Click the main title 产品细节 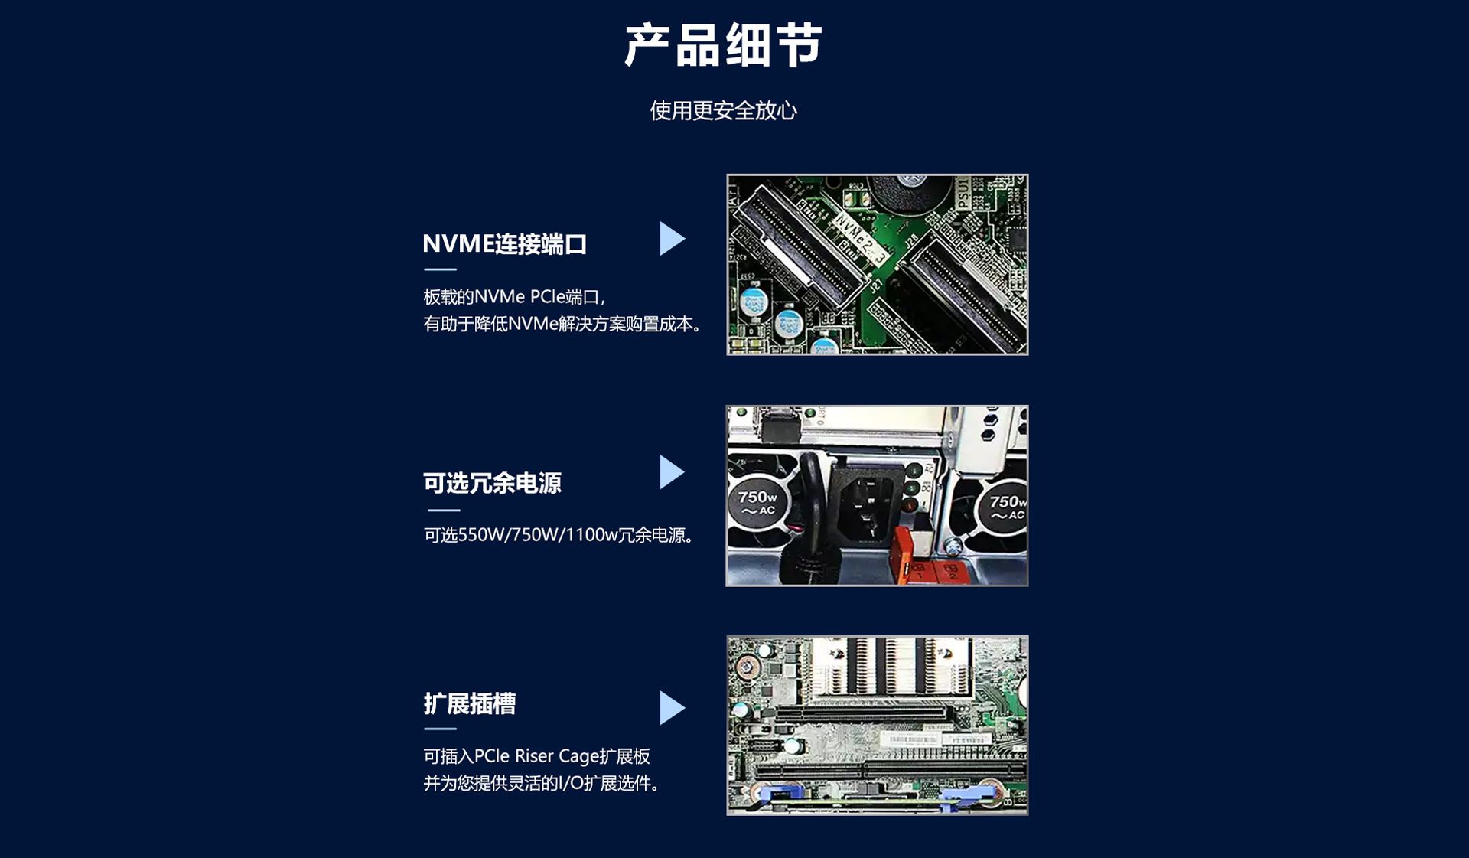pos(723,45)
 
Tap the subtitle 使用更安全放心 pos(723,111)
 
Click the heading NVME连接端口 pos(505,244)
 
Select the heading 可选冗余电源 pos(493,483)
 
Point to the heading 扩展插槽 pos(470,703)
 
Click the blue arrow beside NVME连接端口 pos(672,239)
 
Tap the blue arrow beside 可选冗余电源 pos(672,472)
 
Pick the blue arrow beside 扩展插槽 pos(672,708)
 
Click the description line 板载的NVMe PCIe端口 pos(514,297)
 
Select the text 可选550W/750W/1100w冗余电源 pos(559,535)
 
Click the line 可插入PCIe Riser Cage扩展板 pos(536,756)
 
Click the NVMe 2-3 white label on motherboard pos(859,238)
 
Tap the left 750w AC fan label pos(757,502)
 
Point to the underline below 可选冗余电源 pos(444,510)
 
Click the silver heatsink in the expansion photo pos(891,668)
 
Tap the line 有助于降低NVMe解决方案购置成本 pos(562,325)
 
